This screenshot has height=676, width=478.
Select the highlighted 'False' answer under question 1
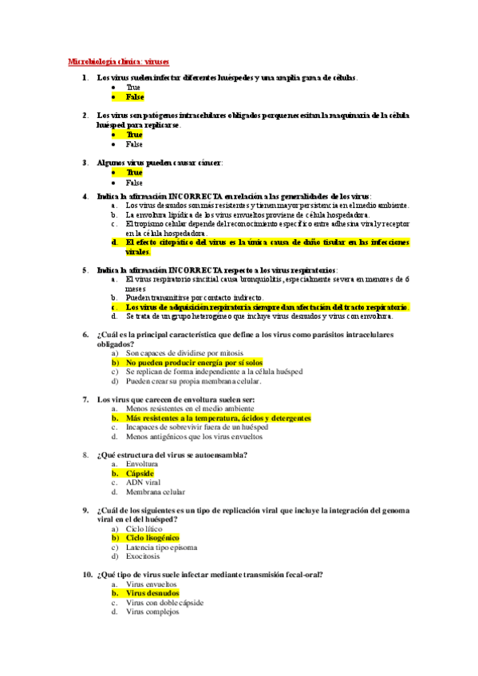tap(134, 96)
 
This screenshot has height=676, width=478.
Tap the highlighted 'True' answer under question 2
tap(134, 135)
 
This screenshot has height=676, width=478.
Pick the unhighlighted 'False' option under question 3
tap(134, 183)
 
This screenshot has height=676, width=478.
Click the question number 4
tap(85, 195)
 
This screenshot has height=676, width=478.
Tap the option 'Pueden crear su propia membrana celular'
tap(193, 381)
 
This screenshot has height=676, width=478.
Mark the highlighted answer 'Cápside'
tap(140, 474)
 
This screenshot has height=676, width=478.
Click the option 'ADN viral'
tap(144, 482)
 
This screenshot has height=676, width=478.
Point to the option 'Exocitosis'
tap(144, 556)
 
